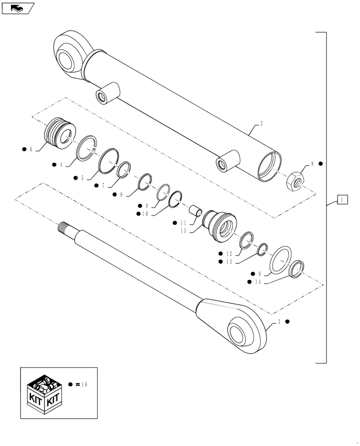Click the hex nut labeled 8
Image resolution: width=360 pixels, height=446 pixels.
(295, 181)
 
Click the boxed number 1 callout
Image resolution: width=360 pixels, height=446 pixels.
(342, 199)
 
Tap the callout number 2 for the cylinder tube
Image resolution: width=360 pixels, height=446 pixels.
(261, 123)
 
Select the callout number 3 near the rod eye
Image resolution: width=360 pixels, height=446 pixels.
(278, 322)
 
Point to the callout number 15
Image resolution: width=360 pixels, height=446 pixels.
(183, 231)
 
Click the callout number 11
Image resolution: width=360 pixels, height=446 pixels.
(183, 223)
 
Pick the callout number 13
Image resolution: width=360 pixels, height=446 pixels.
(229, 262)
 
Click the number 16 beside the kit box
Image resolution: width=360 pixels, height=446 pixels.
(84, 384)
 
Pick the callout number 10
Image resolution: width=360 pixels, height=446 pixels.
(146, 214)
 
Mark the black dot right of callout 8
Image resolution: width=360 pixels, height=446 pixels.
(320, 164)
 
